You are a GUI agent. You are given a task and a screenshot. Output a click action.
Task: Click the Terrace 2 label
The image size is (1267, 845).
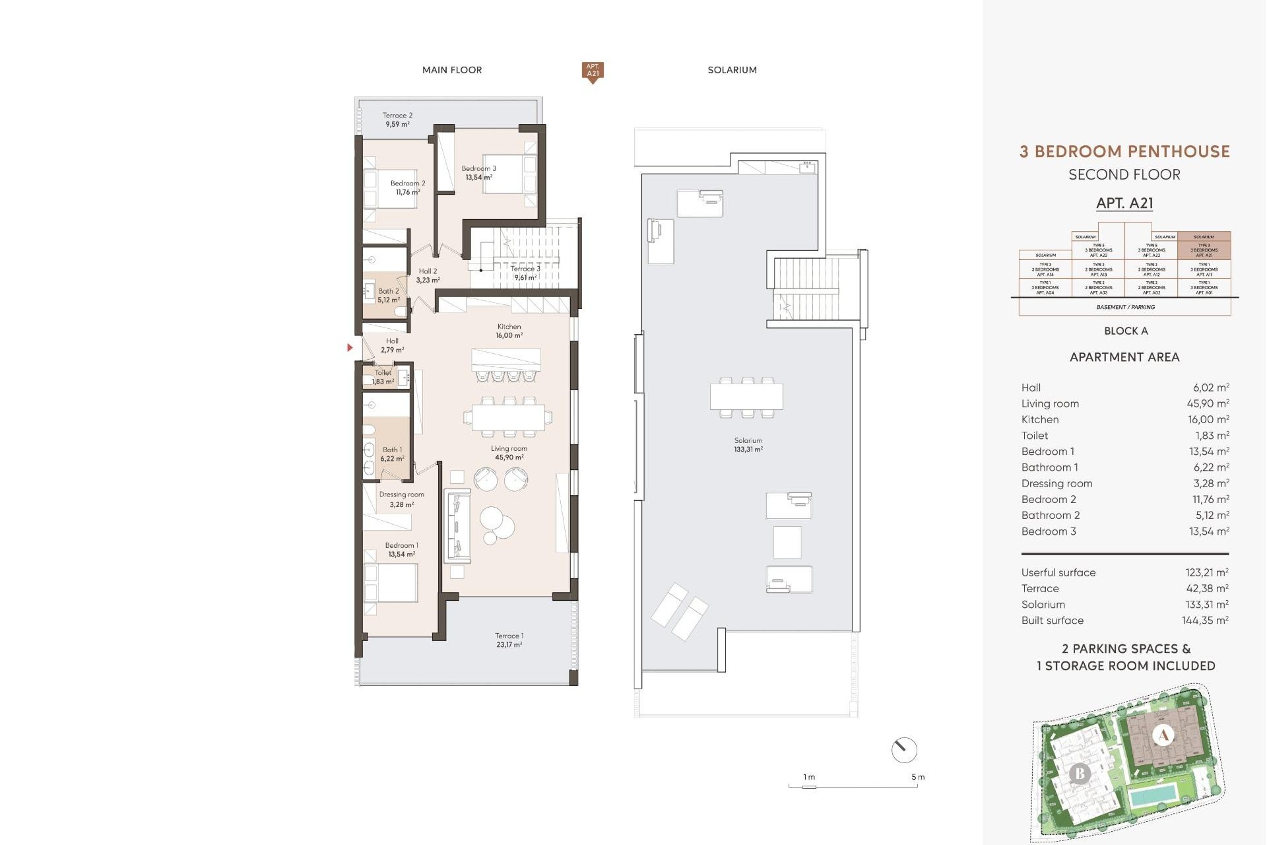pyautogui.click(x=397, y=119)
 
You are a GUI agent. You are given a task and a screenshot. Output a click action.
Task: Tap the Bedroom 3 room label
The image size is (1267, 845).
pyautogui.click(x=478, y=173)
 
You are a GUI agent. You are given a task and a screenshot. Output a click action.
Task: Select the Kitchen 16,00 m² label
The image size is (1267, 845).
pyautogui.click(x=509, y=331)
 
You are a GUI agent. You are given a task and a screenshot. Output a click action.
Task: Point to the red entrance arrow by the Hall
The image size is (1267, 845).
pyautogui.click(x=350, y=347)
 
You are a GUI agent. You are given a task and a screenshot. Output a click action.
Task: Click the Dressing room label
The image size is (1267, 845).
pyautogui.click(x=401, y=499)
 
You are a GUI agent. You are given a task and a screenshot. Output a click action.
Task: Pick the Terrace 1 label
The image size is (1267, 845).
pyautogui.click(x=509, y=640)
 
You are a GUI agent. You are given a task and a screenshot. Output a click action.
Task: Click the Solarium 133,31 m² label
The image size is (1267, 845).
pyautogui.click(x=748, y=444)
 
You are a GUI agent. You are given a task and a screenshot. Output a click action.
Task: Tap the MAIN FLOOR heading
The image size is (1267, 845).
pyautogui.click(x=452, y=70)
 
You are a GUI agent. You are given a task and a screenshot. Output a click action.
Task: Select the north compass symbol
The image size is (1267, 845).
pyautogui.click(x=904, y=750)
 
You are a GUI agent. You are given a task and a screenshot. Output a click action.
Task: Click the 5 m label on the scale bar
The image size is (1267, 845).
pyautogui.click(x=917, y=777)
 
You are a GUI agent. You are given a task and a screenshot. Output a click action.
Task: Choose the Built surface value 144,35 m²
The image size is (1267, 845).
pyautogui.click(x=1205, y=621)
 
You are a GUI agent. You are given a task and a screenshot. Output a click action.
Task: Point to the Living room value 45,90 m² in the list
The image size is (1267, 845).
pyautogui.click(x=1208, y=403)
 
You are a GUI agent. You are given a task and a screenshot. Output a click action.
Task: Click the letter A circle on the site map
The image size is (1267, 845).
pyautogui.click(x=1163, y=735)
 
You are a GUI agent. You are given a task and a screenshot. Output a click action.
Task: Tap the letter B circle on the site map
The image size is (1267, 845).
pyautogui.click(x=1080, y=773)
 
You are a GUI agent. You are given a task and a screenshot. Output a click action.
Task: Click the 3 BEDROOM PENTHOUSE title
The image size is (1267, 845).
pyautogui.click(x=1124, y=152)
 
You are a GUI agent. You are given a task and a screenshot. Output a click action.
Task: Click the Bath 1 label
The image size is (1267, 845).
pyautogui.click(x=391, y=454)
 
